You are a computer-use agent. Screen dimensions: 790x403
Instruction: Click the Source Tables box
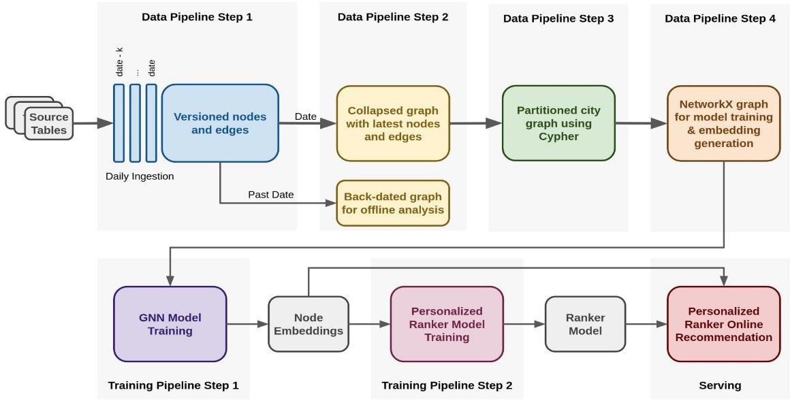point(49,123)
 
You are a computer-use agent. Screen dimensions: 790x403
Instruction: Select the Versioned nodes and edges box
point(220,123)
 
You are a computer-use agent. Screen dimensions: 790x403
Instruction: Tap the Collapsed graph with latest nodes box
point(393,123)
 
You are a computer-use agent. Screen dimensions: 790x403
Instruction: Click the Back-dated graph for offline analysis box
point(393,203)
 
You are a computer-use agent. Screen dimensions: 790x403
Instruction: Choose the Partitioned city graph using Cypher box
point(558,123)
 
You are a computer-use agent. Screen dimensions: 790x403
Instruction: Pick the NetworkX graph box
point(723,123)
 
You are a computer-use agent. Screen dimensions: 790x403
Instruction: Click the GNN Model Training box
point(170,324)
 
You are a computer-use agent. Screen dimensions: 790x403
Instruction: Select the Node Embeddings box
point(309,324)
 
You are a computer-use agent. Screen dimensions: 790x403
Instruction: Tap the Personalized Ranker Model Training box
point(447,324)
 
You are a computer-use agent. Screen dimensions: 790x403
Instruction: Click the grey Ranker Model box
point(586,324)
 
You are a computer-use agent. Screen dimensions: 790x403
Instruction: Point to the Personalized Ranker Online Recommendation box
point(723,324)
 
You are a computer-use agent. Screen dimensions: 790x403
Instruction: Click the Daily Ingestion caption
point(140,176)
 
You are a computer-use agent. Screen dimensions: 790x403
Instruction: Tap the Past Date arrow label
point(270,195)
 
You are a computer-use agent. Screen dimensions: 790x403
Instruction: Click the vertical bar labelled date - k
point(119,123)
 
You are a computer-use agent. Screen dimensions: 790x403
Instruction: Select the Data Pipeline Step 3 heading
point(558,18)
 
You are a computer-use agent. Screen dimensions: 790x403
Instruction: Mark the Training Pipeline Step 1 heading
point(173,386)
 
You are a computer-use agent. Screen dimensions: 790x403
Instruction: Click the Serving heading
point(720,386)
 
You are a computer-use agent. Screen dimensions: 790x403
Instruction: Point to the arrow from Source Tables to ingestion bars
point(93,123)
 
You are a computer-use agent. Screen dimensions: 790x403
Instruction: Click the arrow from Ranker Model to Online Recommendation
point(646,324)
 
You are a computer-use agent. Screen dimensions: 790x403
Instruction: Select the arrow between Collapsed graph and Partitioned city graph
point(476,123)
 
